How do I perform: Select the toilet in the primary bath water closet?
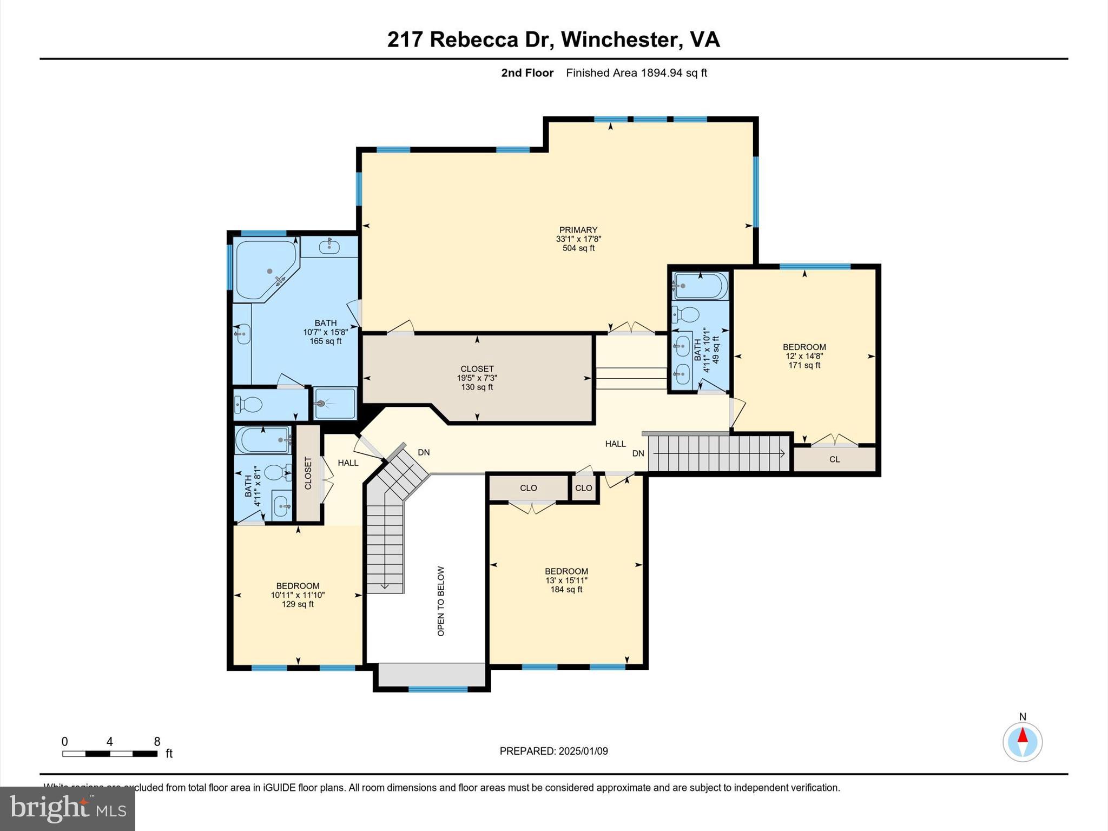[x=249, y=404]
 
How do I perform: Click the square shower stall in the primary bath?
[x=335, y=404]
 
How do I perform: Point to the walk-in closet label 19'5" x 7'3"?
[x=477, y=378]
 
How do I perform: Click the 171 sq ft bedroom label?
[x=804, y=356]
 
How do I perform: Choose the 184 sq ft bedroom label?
[x=566, y=580]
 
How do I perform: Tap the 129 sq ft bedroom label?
[x=298, y=595]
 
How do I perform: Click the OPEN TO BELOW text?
[x=441, y=601]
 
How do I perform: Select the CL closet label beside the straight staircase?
[x=834, y=459]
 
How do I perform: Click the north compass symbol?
[x=1022, y=742]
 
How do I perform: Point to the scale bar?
[x=110, y=753]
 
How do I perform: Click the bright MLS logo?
[x=68, y=808]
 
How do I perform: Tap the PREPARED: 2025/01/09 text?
[x=553, y=751]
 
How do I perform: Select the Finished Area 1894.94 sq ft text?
[x=636, y=73]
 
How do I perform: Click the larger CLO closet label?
[x=528, y=488]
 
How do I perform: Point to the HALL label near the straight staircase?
[x=615, y=444]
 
